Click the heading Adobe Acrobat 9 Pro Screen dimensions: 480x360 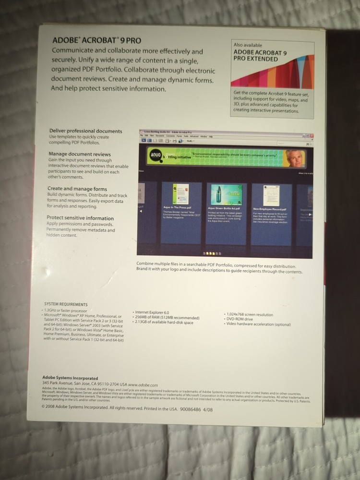click(x=96, y=41)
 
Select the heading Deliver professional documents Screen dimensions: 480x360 click(x=86, y=131)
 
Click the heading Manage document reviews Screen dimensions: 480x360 click(x=80, y=154)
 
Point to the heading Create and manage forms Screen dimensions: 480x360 click(x=77, y=189)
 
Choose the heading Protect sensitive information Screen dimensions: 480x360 click(x=81, y=218)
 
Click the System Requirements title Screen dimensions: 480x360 click(x=66, y=304)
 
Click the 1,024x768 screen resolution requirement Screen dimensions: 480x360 click(x=250, y=314)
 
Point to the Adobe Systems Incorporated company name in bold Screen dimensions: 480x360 click(x=70, y=378)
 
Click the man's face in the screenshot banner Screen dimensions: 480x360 click(x=295, y=159)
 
